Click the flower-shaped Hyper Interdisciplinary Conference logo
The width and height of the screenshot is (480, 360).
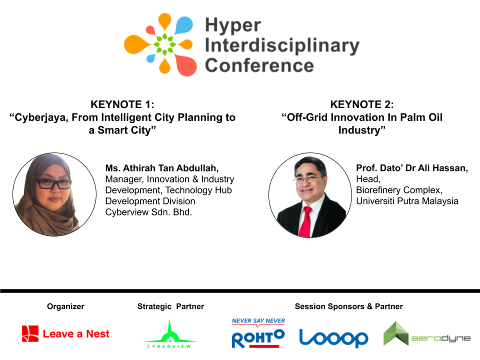(160, 44)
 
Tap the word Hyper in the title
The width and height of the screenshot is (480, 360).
(233, 25)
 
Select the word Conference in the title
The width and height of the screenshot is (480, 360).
(259, 65)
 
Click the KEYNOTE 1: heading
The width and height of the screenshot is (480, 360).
(122, 104)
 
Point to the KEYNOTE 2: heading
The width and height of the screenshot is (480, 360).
(362, 104)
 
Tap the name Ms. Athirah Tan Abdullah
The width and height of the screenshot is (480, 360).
(162, 168)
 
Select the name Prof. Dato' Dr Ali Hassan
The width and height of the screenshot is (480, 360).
(412, 168)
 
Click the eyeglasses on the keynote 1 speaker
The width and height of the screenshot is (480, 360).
(54, 183)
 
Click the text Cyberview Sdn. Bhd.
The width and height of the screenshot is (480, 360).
(149, 212)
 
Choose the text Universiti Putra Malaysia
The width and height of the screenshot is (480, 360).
(407, 201)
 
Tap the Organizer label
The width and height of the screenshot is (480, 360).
(65, 306)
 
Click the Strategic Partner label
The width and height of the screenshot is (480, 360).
(170, 306)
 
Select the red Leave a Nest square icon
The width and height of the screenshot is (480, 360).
(30, 333)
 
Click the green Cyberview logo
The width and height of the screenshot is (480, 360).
(169, 334)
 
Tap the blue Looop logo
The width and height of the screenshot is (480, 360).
(333, 338)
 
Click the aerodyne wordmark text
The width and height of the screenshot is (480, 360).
(441, 338)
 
